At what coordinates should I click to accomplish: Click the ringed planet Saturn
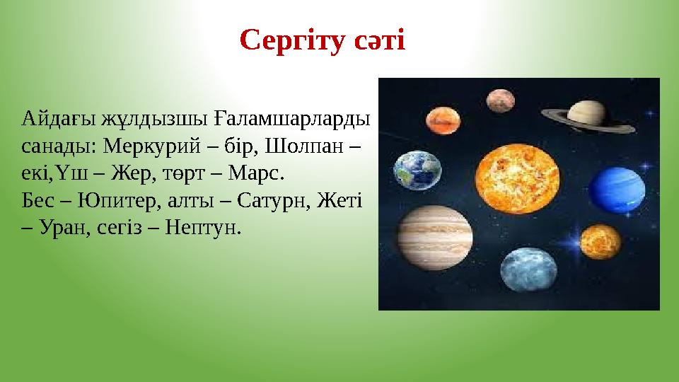tap(587, 112)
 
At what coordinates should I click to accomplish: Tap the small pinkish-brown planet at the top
tap(499, 100)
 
